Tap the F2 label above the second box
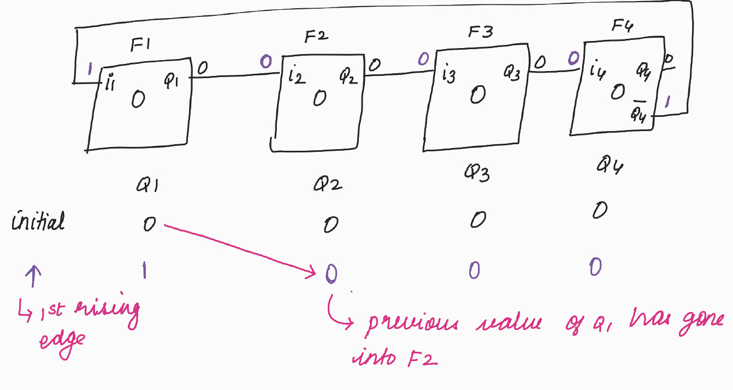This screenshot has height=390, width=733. tap(316, 38)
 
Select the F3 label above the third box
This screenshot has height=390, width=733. tap(481, 32)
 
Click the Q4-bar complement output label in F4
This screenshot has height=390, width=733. tap(638, 113)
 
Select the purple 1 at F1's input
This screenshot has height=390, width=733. tap(91, 69)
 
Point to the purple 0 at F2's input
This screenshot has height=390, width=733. tap(266, 62)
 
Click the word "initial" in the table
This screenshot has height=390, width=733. tap(38, 221)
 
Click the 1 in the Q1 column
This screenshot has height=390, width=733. tap(144, 270)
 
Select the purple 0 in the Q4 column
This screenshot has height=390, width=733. tap(595, 267)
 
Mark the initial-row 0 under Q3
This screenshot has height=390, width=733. tap(478, 220)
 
